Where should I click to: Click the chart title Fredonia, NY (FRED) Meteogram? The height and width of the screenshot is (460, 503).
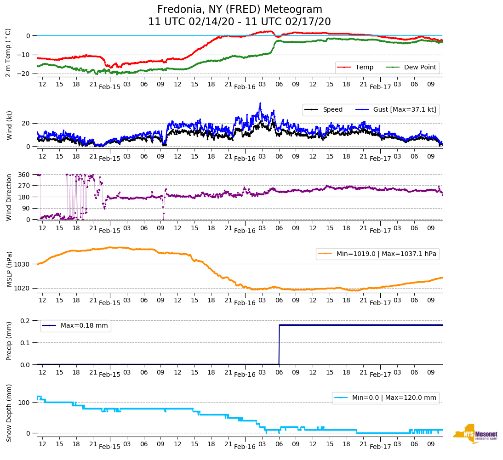pyautogui.click(x=240, y=10)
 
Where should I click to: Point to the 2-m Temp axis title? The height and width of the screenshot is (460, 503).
pyautogui.click(x=8, y=52)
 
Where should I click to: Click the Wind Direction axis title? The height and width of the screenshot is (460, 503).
pyautogui.click(x=9, y=197)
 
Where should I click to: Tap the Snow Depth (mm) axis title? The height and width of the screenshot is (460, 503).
pyautogui.click(x=9, y=413)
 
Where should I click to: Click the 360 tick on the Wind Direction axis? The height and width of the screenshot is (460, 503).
pyautogui.click(x=24, y=175)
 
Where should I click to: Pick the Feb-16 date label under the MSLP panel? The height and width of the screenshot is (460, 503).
pyautogui.click(x=245, y=303)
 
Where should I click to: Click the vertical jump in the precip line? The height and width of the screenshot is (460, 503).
pyautogui.click(x=279, y=345)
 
